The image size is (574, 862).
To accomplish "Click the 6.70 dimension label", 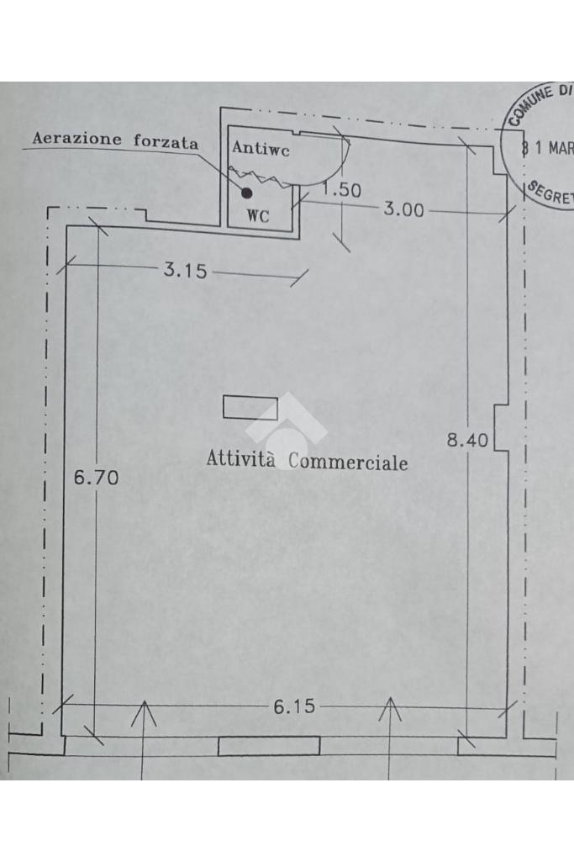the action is [x=97, y=478].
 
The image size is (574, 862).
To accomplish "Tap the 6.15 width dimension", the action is [x=294, y=706].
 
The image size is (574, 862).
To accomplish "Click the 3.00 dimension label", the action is [x=404, y=209].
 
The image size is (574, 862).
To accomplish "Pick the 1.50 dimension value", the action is [x=343, y=190].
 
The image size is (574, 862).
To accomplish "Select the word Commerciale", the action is [x=348, y=462].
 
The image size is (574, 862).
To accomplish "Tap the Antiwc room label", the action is [x=261, y=150].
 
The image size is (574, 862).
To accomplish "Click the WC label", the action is [x=258, y=215].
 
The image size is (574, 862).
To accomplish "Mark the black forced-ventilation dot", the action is [x=246, y=193].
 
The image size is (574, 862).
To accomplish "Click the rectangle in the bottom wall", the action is [x=269, y=746].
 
